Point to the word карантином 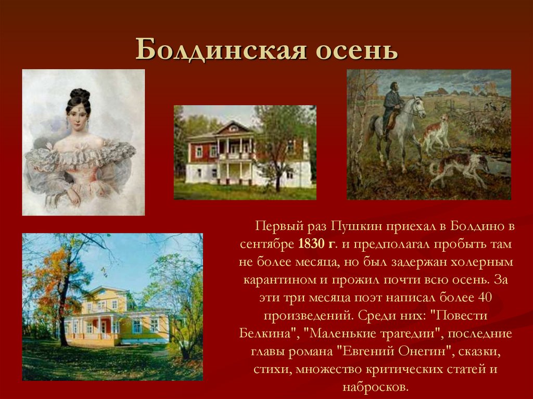pyautogui.click(x=277, y=279)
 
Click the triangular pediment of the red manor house pyautogui.click(x=233, y=128)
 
